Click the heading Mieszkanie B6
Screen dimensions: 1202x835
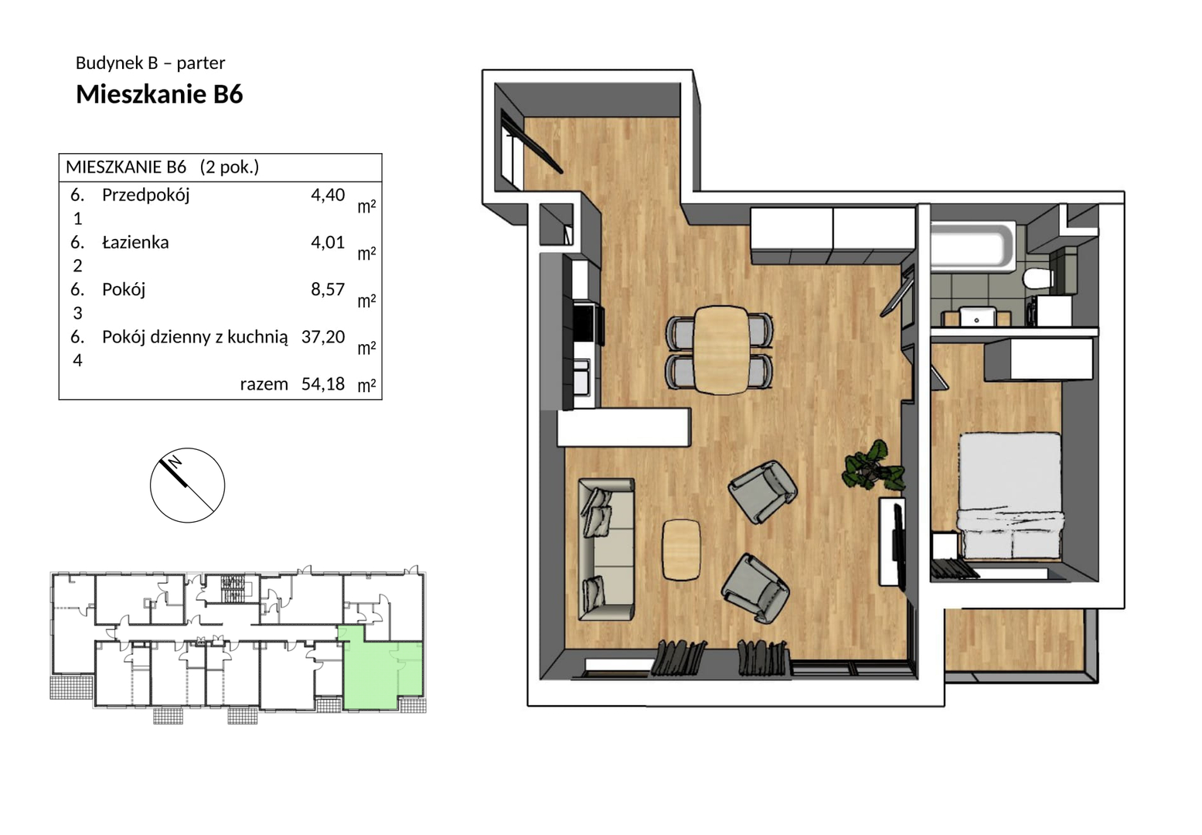(x=159, y=94)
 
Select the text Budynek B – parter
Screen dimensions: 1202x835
(x=150, y=63)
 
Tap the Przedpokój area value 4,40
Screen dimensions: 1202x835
(x=328, y=195)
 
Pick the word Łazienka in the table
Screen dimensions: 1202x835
(x=135, y=242)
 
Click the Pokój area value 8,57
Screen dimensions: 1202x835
(x=328, y=289)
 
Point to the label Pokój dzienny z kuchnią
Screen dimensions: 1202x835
(x=195, y=337)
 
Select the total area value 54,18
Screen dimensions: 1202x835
(x=323, y=383)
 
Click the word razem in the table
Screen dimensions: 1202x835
(x=264, y=384)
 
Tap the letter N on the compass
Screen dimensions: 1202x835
(x=175, y=461)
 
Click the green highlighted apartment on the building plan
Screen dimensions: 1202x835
(x=382, y=673)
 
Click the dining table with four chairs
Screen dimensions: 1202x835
(x=719, y=350)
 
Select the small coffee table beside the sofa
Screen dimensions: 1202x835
(x=681, y=550)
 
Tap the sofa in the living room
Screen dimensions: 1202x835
(x=606, y=549)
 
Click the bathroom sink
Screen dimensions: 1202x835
(x=976, y=316)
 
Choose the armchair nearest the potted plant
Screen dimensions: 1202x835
(x=762, y=492)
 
